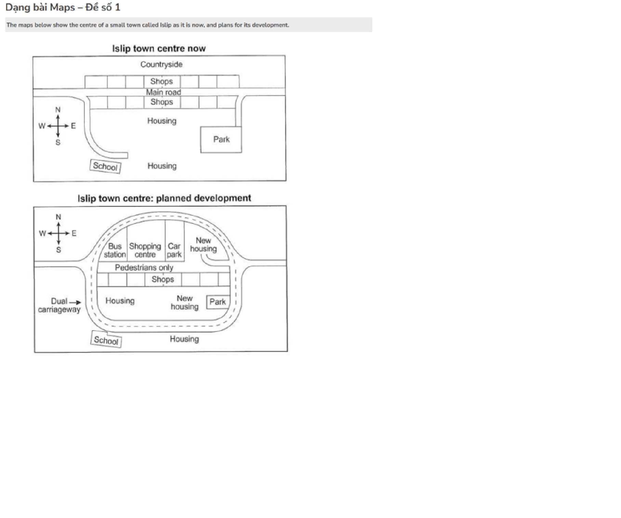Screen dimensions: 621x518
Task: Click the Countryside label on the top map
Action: pos(161,64)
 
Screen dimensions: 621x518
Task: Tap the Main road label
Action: pos(163,92)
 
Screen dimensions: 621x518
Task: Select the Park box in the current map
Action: pos(221,140)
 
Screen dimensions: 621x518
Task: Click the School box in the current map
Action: pos(105,166)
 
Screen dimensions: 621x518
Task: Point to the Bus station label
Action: pos(115,250)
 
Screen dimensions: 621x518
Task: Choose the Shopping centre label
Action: pos(145,250)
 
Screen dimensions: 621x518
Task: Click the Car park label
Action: pos(174,250)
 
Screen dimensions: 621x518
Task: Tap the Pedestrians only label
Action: pos(144,268)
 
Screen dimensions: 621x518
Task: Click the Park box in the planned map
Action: pos(218,302)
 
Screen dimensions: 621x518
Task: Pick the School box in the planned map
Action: pos(106,340)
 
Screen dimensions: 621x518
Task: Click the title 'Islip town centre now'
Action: pos(159,49)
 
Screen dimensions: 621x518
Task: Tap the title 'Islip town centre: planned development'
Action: pos(164,198)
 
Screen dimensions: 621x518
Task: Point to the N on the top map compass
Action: pos(58,110)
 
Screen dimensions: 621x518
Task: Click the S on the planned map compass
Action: pos(58,250)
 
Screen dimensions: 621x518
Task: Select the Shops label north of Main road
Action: pos(161,81)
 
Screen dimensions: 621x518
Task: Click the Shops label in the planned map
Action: pos(163,280)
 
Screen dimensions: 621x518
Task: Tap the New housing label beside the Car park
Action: pos(203,245)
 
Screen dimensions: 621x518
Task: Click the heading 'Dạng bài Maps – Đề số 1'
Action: pos(63,8)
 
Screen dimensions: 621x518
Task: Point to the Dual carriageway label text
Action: pos(59,306)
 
